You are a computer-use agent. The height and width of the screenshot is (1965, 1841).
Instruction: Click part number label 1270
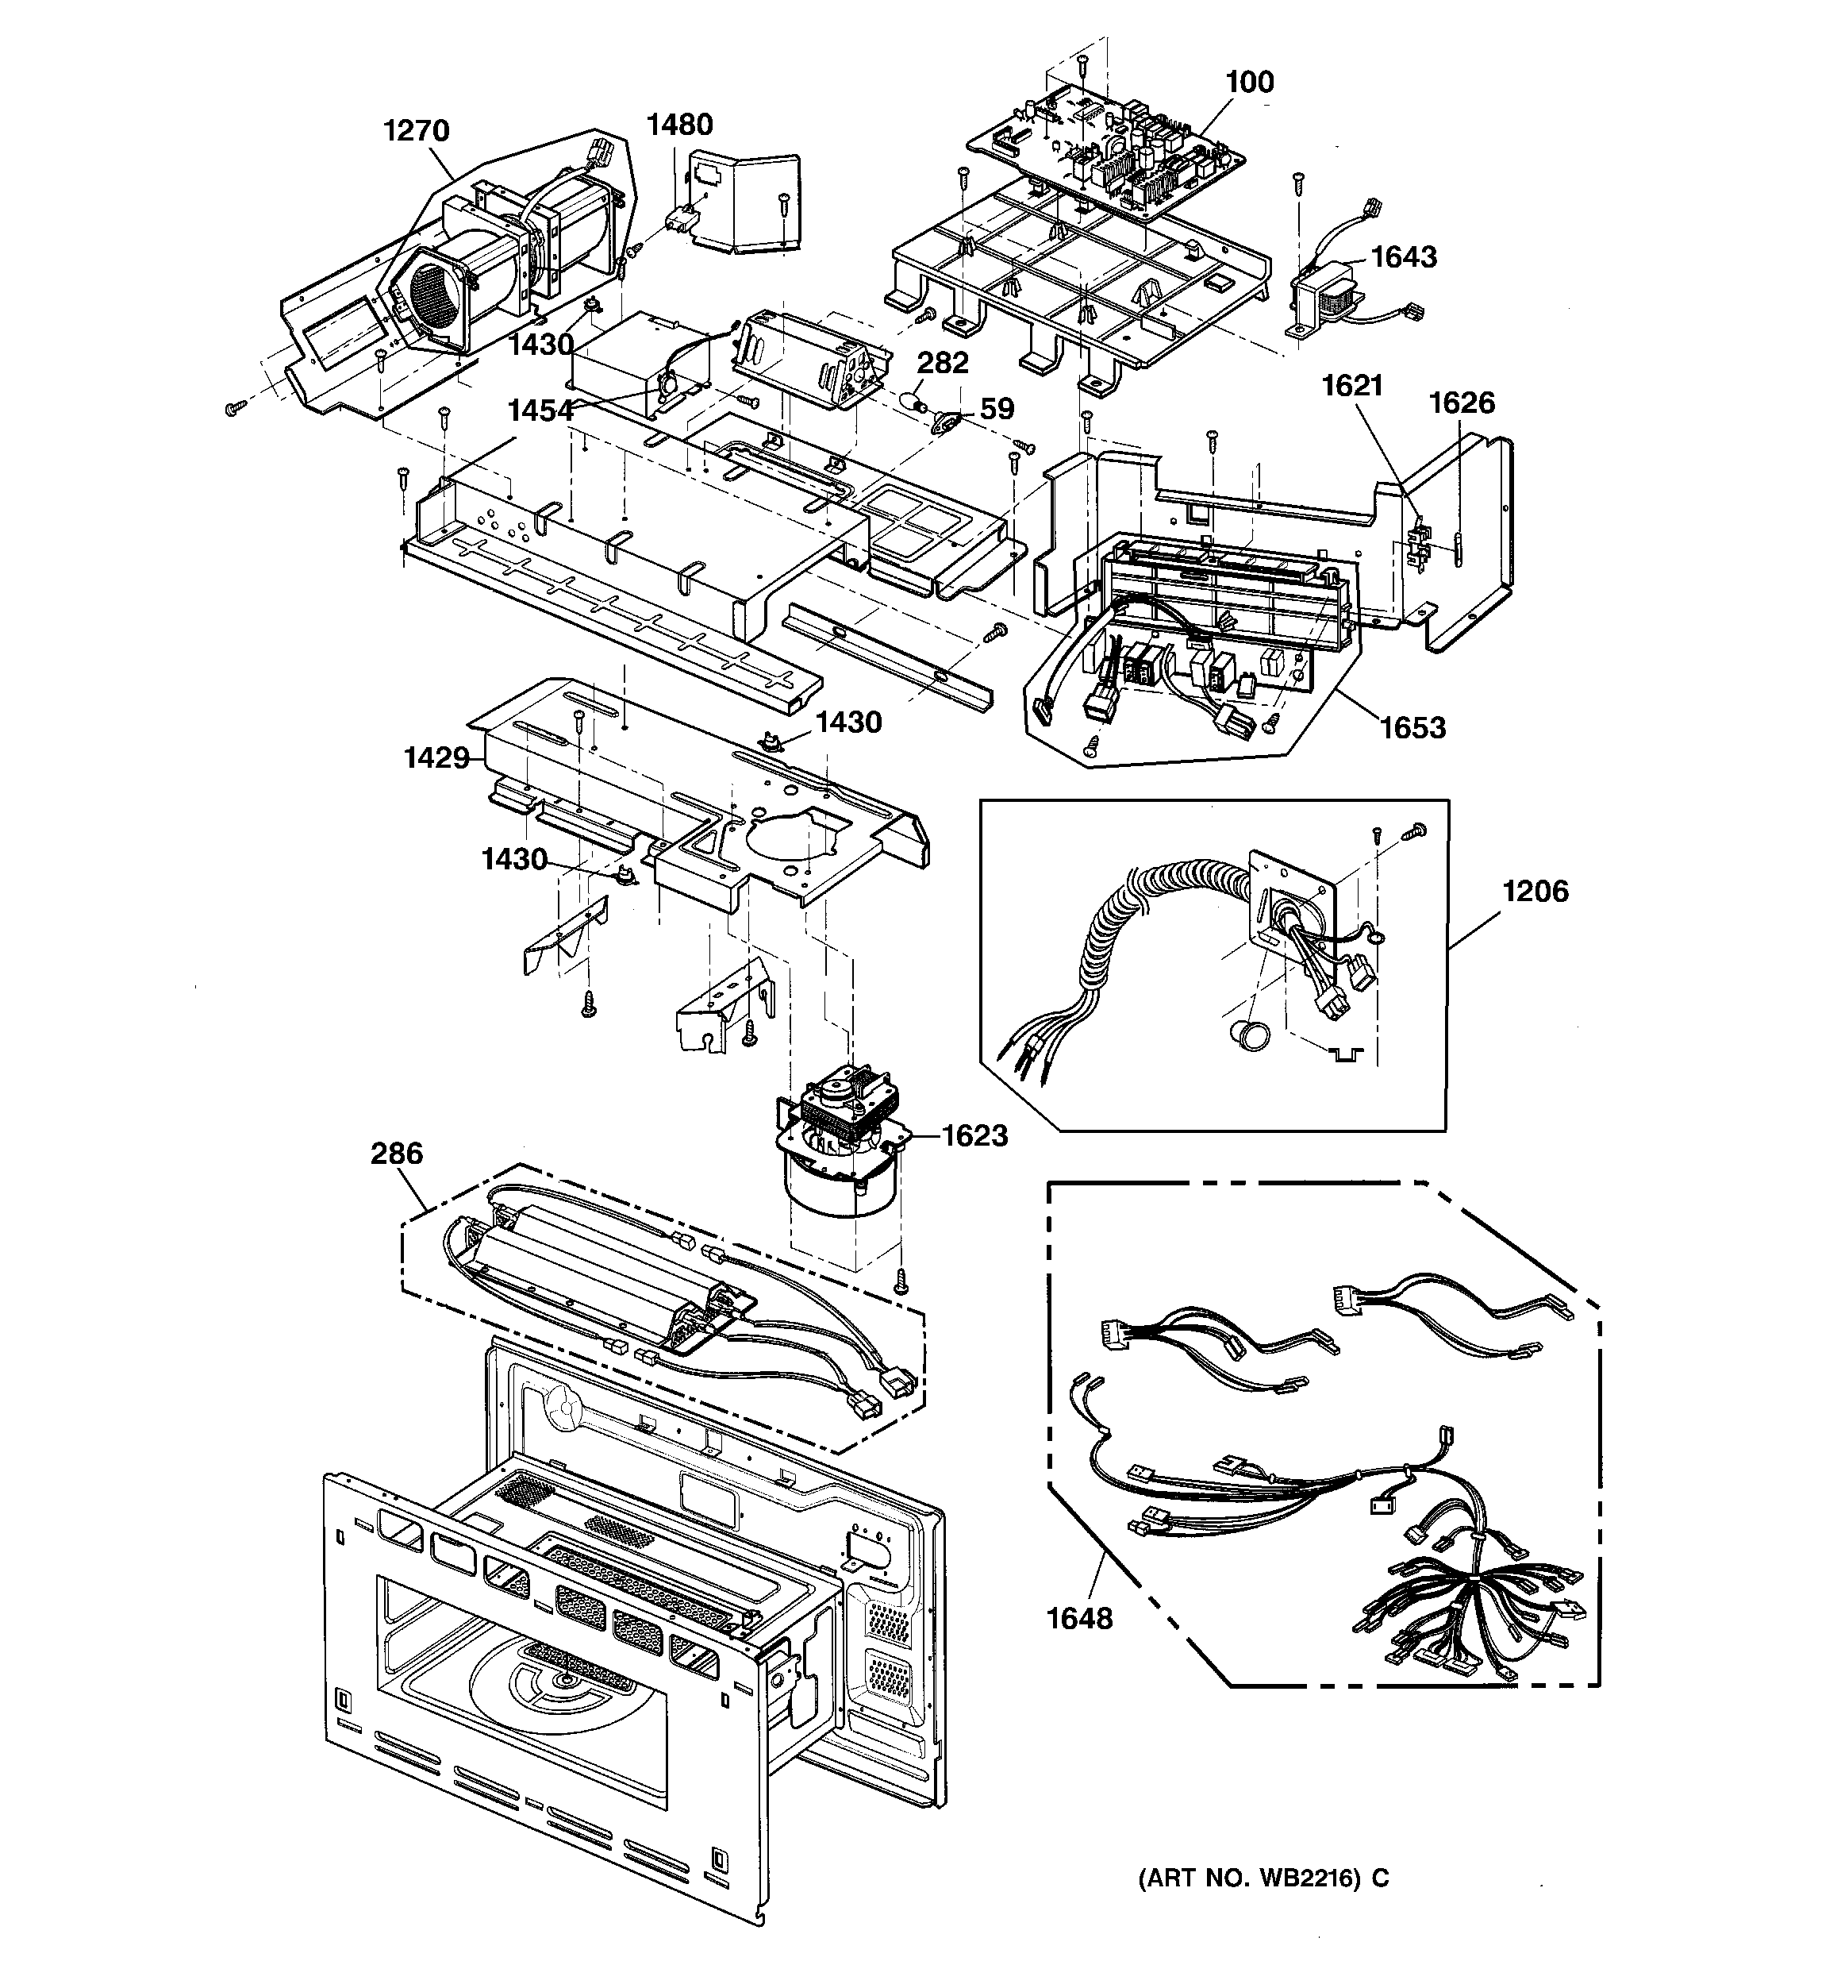coord(416,130)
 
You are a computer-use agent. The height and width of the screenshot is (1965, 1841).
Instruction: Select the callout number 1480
coord(679,125)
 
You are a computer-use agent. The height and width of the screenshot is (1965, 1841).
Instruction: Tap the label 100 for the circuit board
coord(1249,82)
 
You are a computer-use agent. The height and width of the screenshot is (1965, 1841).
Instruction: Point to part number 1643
coord(1403,257)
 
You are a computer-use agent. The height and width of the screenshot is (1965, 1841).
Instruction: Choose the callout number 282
coord(942,363)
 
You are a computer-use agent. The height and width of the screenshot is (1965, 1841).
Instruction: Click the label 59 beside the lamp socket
coord(997,409)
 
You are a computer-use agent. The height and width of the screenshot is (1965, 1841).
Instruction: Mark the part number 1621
coord(1352,386)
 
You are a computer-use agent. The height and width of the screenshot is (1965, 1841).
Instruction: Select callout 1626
coord(1462,403)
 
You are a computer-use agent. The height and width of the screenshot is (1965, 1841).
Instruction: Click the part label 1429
coord(436,758)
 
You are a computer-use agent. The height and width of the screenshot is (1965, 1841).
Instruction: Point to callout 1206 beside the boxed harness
coord(1535,892)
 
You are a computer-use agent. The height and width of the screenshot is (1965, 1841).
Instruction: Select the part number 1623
coord(974,1135)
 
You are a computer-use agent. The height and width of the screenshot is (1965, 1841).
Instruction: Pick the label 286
coord(396,1154)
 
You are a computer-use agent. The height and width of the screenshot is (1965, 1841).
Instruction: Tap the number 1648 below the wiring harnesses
coord(1079,1619)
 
